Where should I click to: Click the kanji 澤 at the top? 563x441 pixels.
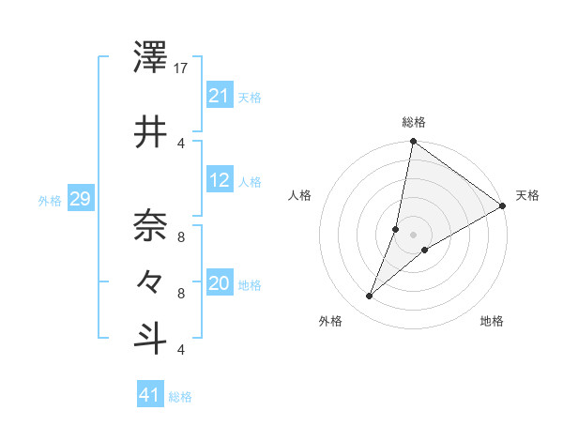coord(150,59)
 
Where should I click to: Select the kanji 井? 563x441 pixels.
coord(150,130)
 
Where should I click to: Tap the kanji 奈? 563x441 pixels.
coord(150,223)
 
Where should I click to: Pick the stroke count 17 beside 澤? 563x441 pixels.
coord(181,68)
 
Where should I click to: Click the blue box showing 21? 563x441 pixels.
coord(219,95)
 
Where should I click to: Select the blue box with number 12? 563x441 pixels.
coord(219,181)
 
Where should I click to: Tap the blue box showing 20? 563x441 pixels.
coord(219,284)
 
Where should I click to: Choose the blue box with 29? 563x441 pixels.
coord(80,199)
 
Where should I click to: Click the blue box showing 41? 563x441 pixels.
coord(150,395)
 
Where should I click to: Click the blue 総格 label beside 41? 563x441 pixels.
coord(180,397)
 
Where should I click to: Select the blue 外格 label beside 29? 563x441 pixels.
coord(50,200)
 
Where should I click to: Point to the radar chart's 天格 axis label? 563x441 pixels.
coord(527,195)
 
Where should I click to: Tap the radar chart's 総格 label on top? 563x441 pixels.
coord(414,122)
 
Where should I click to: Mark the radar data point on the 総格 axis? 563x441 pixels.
coord(413,142)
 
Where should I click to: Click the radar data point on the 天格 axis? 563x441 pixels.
coord(503,206)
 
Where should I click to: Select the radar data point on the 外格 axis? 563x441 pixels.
coord(370,297)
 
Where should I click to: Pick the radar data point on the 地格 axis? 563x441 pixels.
coord(425,250)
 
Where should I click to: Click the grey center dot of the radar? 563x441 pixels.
coord(414,235)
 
